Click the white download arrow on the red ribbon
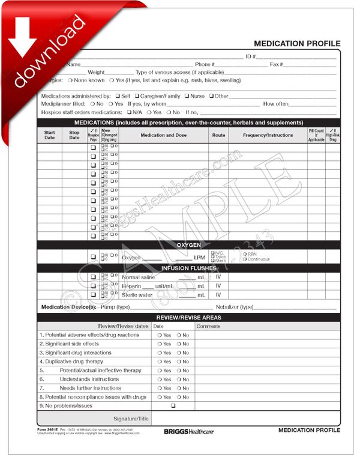tap(23, 36)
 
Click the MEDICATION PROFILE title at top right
tap(297, 44)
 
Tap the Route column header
tap(218, 135)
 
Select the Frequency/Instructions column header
tap(268, 135)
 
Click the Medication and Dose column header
tap(163, 135)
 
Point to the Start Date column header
tap(49, 135)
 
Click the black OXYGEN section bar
tap(188, 245)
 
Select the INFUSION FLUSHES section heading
tap(188, 268)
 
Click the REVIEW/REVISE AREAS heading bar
tap(188, 317)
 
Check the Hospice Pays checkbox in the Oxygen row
tap(93, 257)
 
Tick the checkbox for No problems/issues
tap(173, 406)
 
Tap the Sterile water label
tap(137, 295)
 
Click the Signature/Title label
tap(130, 419)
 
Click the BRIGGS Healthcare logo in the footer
tap(188, 431)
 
